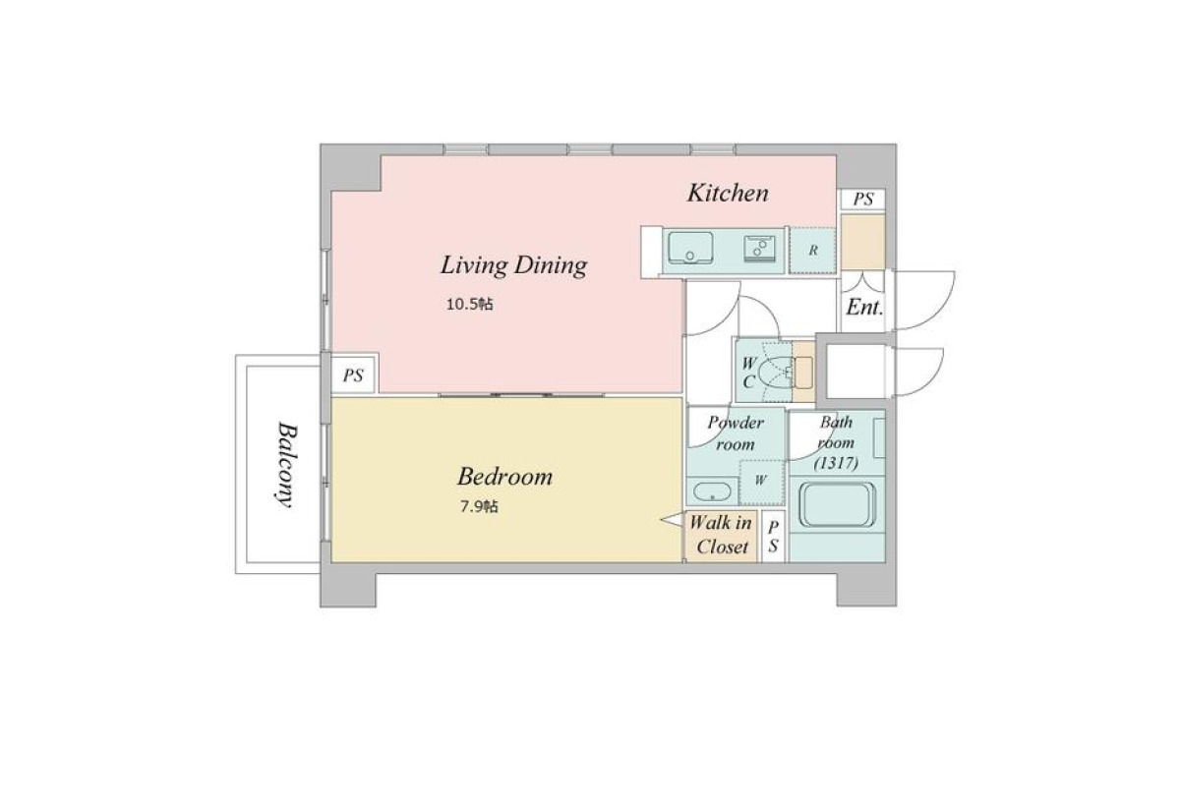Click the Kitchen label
point(728,194)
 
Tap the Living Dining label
point(513,264)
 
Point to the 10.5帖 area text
point(470,305)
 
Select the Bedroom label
point(504,477)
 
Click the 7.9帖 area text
point(480,506)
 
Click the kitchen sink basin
point(690,248)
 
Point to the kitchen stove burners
point(759,249)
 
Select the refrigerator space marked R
point(813,251)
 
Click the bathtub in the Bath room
point(837,504)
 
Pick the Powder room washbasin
point(712,492)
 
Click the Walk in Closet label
point(721,535)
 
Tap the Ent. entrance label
point(864,307)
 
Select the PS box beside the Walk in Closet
point(773,537)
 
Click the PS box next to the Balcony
point(353,375)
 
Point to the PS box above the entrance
point(863,199)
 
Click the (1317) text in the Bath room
point(837,463)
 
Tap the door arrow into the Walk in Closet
point(673,519)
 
